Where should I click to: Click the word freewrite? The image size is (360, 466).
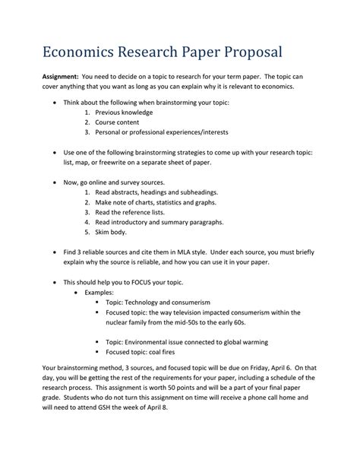(x=120, y=163)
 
